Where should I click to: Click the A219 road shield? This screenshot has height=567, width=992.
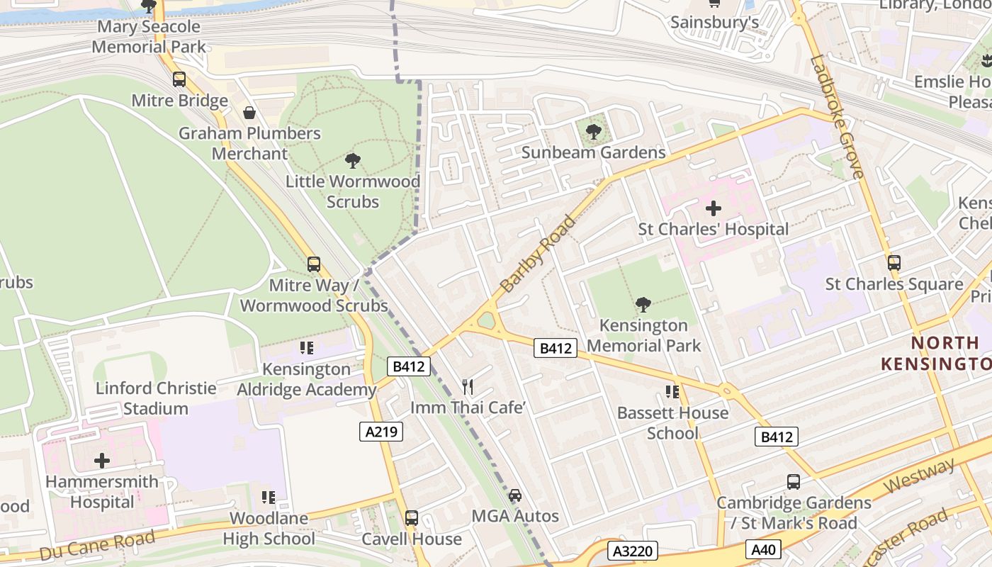point(381,432)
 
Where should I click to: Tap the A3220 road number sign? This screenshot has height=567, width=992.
point(633,551)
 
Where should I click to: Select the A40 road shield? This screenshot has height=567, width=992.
point(764,549)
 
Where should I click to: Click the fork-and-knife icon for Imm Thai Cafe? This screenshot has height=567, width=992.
point(468,386)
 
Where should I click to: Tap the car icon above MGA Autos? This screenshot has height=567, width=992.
point(515,495)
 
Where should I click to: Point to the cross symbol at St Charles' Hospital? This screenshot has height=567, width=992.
point(714,208)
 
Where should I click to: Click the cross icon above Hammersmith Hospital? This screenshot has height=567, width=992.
point(102,461)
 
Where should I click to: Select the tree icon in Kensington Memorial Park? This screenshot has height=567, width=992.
point(643,305)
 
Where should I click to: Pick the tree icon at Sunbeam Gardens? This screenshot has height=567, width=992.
point(594,131)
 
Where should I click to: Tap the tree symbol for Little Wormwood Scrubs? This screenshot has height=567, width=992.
point(353,161)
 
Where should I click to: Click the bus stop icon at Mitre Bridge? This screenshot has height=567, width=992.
point(179,79)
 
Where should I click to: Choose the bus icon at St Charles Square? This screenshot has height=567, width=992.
point(894,263)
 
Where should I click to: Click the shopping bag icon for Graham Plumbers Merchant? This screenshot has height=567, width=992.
point(249,113)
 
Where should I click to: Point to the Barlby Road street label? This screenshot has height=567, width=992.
point(538,254)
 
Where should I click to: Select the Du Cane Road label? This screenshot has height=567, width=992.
point(97,545)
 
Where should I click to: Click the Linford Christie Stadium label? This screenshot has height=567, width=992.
point(156,398)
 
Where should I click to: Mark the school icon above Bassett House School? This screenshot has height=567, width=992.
point(672,392)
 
